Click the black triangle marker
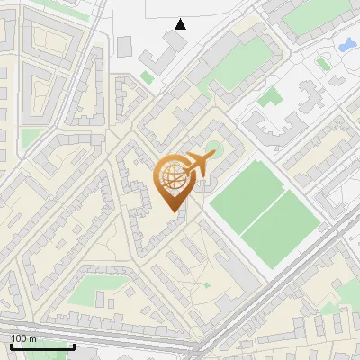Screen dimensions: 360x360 [x=181, y=24]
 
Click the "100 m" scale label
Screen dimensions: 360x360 [x=24, y=338]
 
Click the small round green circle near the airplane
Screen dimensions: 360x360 [x=213, y=147]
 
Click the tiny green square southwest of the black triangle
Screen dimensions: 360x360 [x=147, y=78]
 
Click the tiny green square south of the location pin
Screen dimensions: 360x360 [x=207, y=284]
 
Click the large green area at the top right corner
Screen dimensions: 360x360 [x=315, y=11]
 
